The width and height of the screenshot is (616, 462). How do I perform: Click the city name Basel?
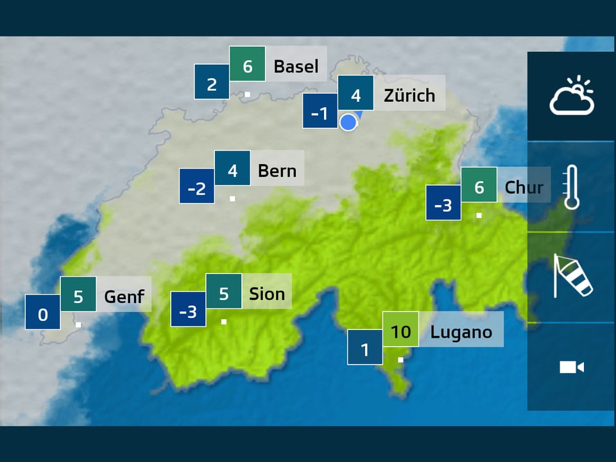tap(296, 66)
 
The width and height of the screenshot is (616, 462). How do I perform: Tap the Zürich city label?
tap(409, 95)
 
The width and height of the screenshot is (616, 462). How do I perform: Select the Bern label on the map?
tap(277, 170)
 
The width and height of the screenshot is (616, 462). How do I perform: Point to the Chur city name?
tap(524, 187)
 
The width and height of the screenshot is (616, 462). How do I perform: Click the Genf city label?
tap(124, 297)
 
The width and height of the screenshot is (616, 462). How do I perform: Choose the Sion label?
tap(267, 293)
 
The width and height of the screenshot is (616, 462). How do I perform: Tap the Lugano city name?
tap(461, 332)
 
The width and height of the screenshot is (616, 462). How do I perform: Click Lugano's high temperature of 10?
tap(400, 331)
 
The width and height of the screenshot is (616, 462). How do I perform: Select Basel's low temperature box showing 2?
tap(212, 84)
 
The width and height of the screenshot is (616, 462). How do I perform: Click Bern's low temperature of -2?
tap(196, 188)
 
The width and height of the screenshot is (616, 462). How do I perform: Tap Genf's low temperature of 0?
tap(43, 314)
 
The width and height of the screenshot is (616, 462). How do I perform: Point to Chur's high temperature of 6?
tap(479, 187)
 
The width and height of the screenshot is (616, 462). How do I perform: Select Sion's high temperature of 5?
tap(223, 293)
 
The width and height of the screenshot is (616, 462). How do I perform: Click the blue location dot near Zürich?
tap(348, 122)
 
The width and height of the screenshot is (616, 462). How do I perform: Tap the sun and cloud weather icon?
tap(571, 96)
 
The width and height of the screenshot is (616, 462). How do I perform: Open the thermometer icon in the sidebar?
tap(571, 187)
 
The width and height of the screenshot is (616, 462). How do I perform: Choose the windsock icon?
tap(571, 277)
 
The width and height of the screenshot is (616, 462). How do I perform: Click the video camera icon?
tap(571, 367)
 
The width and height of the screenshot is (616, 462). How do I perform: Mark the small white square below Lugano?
tap(400, 359)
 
